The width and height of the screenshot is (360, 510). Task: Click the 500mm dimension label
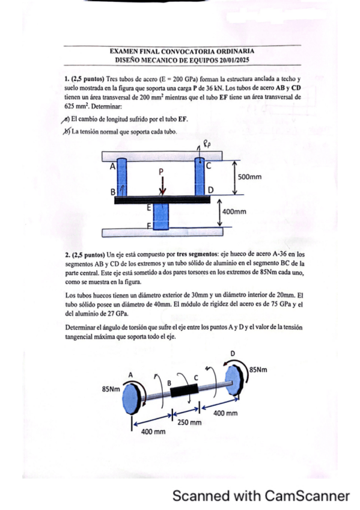coord(249,177)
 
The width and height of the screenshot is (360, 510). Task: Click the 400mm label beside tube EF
coord(234,212)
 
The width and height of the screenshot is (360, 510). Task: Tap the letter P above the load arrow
coord(161,171)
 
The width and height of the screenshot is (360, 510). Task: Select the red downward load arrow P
coord(163,185)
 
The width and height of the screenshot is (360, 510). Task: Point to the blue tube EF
coord(161,217)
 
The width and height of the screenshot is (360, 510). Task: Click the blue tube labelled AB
coord(121,177)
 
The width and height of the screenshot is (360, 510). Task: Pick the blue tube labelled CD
coord(200,177)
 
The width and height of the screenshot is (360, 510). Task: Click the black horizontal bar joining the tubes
coord(162,200)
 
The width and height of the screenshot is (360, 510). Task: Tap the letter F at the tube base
coord(150,225)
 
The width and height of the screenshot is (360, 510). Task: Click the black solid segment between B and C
coord(184,390)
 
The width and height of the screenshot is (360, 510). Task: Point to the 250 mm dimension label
coord(189,423)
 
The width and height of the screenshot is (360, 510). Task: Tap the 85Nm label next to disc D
coord(258,369)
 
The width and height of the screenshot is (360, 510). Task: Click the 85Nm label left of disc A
coord(111,389)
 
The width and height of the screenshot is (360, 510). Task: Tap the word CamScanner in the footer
coord(307,496)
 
